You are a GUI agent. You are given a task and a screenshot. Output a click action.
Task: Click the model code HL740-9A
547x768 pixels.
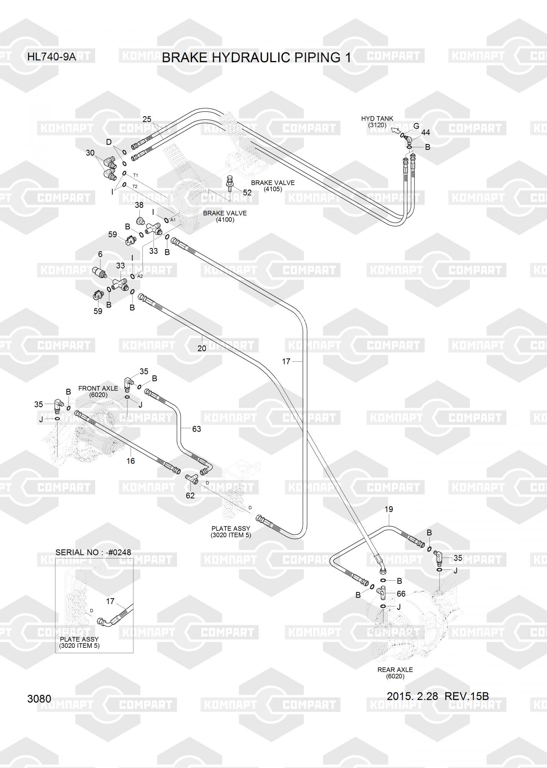[51, 58]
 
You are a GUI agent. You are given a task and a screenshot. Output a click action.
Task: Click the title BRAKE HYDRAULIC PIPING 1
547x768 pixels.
[256, 58]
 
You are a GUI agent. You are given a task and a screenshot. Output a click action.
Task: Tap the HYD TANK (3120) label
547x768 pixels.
[377, 122]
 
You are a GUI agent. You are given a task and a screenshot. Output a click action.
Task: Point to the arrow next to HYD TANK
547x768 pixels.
[395, 131]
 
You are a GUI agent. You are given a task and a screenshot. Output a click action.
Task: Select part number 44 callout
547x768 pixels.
[425, 132]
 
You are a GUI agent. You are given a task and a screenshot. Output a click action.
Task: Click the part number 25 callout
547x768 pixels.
[147, 119]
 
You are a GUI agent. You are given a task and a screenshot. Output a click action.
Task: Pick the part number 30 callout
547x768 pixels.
[90, 153]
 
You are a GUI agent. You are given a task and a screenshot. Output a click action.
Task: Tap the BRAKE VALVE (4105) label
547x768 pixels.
[273, 186]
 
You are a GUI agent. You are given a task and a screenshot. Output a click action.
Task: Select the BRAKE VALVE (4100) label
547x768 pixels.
[225, 216]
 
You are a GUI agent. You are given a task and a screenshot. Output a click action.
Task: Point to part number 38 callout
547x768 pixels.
[139, 205]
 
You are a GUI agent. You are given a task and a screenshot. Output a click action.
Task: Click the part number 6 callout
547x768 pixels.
[100, 254]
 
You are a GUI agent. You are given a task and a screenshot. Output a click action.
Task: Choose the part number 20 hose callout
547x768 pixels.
[202, 348]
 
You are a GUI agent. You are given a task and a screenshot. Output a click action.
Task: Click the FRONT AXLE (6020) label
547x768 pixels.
[98, 391]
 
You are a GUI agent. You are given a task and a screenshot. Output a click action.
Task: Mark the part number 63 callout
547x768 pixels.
[196, 429]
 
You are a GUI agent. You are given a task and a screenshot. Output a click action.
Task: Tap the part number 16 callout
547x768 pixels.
[131, 461]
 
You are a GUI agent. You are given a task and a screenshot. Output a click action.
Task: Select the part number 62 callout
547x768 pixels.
[190, 495]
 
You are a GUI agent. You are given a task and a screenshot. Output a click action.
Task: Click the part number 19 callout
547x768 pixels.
[388, 509]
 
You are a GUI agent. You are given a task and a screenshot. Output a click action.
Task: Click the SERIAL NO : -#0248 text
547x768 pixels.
[93, 552]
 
